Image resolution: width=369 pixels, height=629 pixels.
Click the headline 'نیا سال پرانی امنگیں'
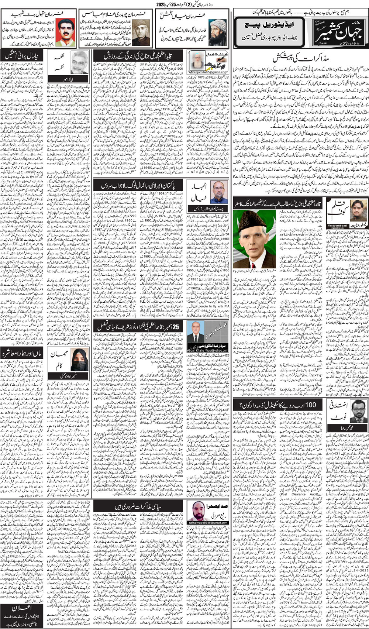(22, 56)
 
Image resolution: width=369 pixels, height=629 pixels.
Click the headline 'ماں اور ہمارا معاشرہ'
(22, 353)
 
